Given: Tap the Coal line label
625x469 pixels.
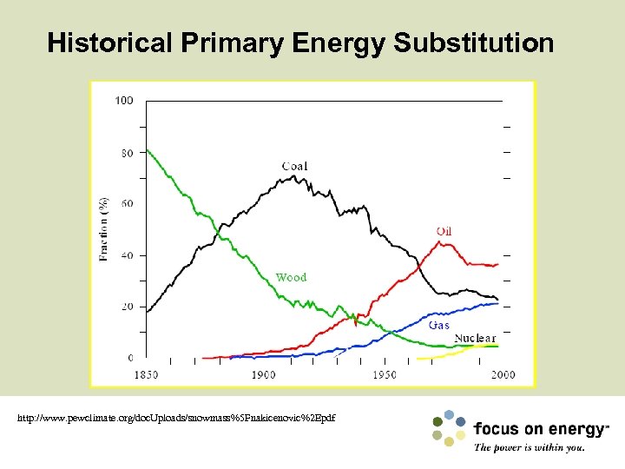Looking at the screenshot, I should coord(294,166).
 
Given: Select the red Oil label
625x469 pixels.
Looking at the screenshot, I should coord(444,231).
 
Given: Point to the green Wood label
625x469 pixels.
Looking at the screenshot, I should coord(291,277).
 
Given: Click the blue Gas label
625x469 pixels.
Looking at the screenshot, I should coord(439,325).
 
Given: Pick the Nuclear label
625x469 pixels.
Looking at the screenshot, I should coord(475,338).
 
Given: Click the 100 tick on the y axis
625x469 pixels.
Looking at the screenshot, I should coord(124,101).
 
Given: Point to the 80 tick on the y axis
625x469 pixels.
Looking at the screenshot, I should coord(127,153).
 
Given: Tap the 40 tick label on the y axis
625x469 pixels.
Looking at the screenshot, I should coord(127,255).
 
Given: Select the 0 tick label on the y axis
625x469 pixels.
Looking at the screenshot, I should coord(130,358).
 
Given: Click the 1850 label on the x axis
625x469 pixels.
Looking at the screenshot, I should coord(147,374).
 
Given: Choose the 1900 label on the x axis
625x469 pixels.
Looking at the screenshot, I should coord(264,374).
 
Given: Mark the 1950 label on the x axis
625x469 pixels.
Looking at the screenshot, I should coord(384,374).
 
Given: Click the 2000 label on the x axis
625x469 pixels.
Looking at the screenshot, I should coord(503,374).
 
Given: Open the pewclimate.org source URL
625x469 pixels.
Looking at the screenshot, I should coord(176,419).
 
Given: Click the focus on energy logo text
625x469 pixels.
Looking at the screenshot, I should coord(541,430).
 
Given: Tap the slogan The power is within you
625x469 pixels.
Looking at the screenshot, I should coord(530,448).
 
